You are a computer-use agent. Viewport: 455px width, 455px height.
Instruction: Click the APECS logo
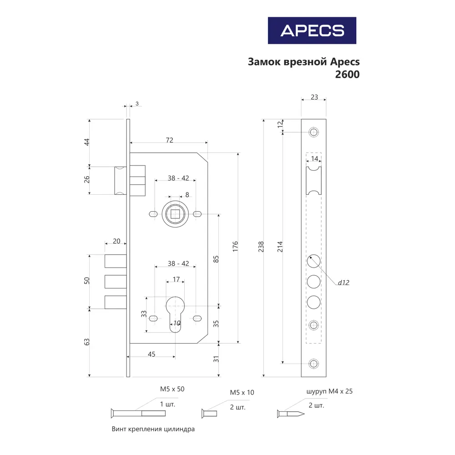point(312,30)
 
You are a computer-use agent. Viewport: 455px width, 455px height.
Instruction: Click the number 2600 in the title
point(347,75)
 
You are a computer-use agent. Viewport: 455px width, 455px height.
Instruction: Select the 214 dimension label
point(279,246)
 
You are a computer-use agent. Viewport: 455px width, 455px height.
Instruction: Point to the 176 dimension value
point(235,246)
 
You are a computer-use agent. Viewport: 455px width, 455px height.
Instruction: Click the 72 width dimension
point(169,140)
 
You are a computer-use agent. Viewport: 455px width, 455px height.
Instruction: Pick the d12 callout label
point(343,283)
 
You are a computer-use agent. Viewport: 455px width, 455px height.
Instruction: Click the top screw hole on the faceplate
point(313,132)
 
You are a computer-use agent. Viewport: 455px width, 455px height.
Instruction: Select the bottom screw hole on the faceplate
point(313,363)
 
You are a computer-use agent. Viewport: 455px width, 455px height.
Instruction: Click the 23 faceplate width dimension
point(313,97)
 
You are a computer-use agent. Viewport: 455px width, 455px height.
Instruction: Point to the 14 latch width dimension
point(314,158)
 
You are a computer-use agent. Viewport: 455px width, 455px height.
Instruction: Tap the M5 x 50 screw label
point(172,389)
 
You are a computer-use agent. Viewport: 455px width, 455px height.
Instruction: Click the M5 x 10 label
point(242,393)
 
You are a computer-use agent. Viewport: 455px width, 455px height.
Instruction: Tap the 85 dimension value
point(216,258)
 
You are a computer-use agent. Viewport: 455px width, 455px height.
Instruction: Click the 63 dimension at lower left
point(87,342)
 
